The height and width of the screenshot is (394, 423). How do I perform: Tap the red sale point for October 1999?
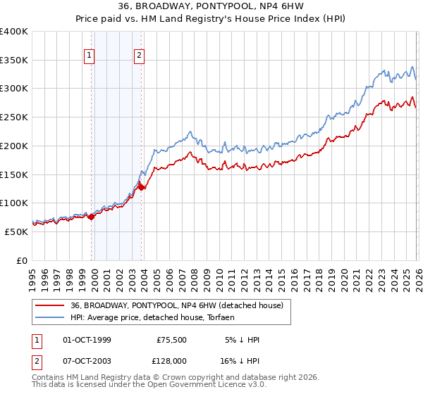point(91,217)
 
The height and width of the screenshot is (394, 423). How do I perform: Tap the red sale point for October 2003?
point(141,186)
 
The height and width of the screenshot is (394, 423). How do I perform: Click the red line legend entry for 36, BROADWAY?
point(176,305)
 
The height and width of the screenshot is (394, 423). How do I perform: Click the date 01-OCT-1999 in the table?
point(87,340)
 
